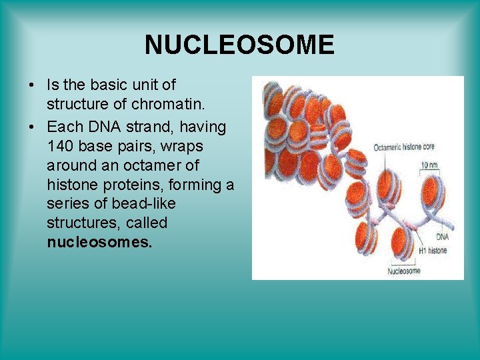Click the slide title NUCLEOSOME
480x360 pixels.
[x=239, y=45]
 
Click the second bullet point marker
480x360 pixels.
[x=31, y=127]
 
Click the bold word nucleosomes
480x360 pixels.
[x=100, y=242]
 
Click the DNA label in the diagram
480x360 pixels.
[x=442, y=237]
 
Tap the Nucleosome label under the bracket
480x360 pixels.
[x=404, y=271]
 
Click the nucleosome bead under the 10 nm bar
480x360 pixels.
[x=433, y=195]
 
